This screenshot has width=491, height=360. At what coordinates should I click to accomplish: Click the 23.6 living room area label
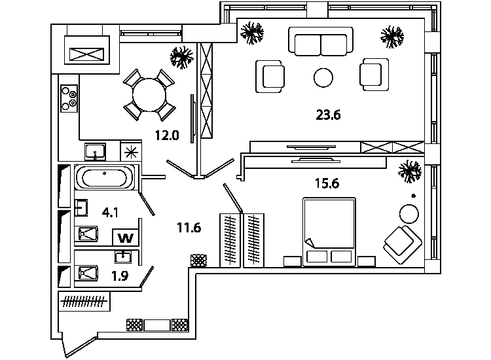coord(328,115)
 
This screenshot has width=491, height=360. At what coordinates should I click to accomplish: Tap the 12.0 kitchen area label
coord(167,135)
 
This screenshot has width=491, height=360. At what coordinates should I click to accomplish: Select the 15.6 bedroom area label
coord(327,183)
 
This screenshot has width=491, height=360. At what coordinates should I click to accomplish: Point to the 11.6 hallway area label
coord(189,228)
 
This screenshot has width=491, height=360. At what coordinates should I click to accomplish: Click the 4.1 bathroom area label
coord(110,213)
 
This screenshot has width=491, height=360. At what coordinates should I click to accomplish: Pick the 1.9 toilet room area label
coord(120,276)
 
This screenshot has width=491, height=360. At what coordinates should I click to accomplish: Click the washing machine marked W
coord(126,238)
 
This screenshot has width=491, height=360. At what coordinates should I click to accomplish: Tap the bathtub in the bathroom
coord(105,177)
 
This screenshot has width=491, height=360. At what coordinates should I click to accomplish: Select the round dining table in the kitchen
coord(149,95)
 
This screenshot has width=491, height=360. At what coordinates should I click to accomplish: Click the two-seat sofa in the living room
coord(321,42)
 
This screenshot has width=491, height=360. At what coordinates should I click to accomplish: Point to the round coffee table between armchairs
coord(323,78)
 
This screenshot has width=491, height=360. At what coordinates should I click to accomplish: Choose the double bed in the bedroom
coord(329,232)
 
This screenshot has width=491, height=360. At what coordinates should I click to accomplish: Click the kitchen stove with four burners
coord(69,99)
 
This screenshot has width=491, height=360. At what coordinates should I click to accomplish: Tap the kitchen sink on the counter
coord(95,151)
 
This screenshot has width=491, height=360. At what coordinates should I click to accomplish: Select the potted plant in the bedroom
coord(409,171)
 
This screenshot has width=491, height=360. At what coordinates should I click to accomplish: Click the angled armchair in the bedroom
coord(403,245)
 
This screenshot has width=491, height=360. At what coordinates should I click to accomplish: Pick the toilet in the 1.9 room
coord(88,273)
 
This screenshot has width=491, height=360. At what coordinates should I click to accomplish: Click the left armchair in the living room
coord(270,77)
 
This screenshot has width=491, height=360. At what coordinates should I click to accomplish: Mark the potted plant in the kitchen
coord(181,58)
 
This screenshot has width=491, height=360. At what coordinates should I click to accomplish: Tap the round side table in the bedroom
coord(409,214)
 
